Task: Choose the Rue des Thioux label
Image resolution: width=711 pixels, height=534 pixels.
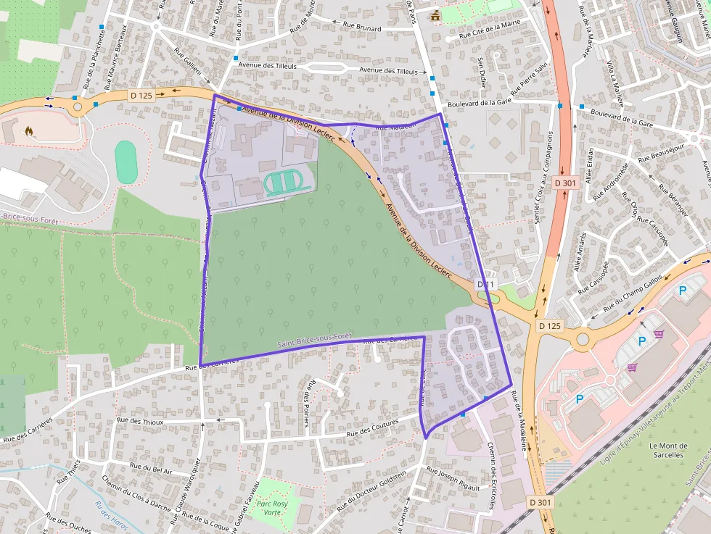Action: tap(139, 421)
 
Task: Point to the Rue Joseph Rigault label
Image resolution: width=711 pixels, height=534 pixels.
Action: tap(453, 479)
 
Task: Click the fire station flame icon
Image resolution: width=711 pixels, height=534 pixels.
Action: tap(29, 131)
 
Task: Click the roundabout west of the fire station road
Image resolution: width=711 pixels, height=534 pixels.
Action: tap(78, 107)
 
